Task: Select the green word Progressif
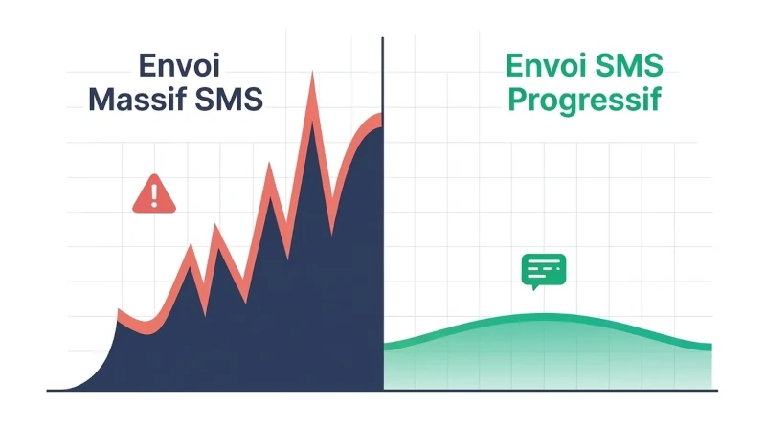click(585, 100)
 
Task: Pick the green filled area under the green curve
click(546, 359)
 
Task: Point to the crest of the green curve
click(542, 317)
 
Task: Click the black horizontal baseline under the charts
click(383, 390)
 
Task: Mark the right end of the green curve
click(710, 346)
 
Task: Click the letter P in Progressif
click(518, 99)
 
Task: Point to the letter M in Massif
click(103, 99)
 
